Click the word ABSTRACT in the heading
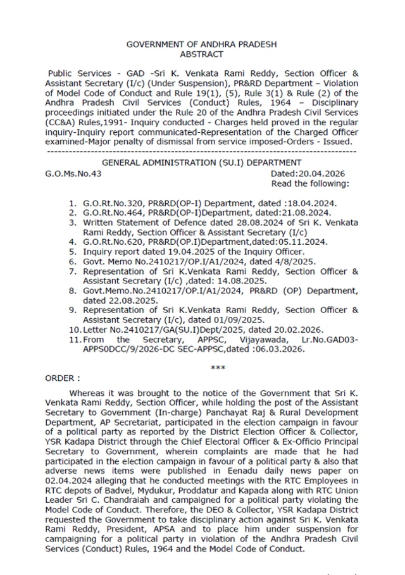pos(202,54)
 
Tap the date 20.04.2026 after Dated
pos(321,173)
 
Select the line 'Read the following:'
pos(309,183)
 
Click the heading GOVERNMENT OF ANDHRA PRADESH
pos(202,44)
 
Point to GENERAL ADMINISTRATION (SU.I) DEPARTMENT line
pos(202,163)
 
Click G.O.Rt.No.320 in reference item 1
pos(112,204)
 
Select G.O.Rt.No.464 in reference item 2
pos(112,213)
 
